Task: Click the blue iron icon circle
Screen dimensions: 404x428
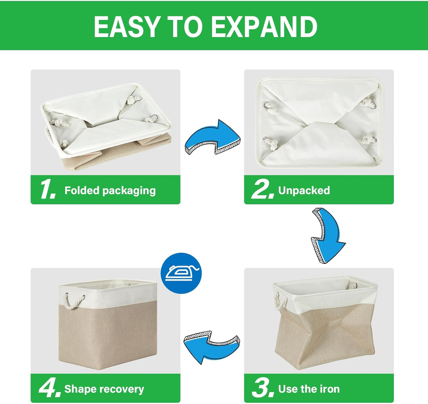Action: [x=181, y=273]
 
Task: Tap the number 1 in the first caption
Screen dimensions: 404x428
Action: [x=47, y=190]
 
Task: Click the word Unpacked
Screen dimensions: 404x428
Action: [x=304, y=190]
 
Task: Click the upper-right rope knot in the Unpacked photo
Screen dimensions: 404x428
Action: [x=367, y=104]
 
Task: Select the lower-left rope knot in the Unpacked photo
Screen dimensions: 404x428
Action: [x=270, y=143]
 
